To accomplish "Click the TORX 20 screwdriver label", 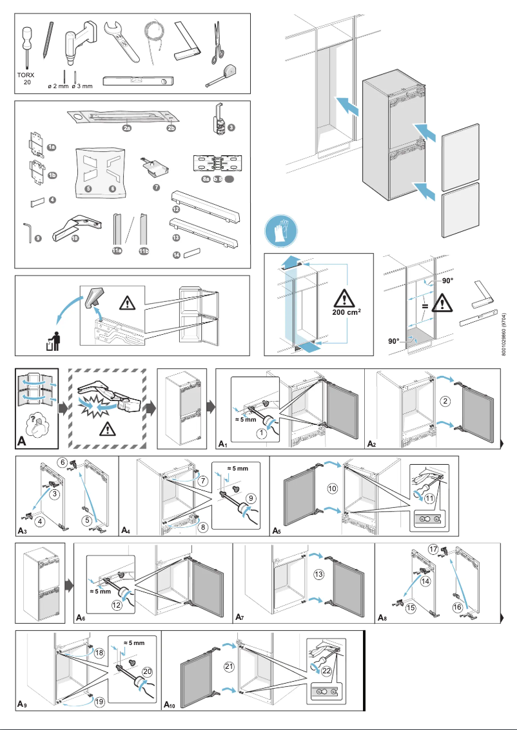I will click(26, 79).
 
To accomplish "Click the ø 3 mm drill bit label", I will click(82, 86).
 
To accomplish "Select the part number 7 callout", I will click(156, 187).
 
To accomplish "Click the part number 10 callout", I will click(75, 238).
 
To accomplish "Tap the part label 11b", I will click(145, 251).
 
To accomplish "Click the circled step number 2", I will click(445, 401).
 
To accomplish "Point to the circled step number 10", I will click(333, 489).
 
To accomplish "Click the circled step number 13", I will click(318, 574).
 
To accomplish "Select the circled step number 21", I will click(228, 666).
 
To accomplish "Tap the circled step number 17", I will click(433, 549).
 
